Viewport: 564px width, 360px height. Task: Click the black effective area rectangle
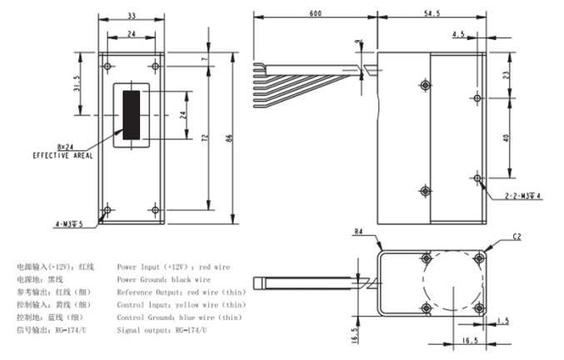[x=132, y=115]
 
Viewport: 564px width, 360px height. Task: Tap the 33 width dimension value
[x=132, y=16]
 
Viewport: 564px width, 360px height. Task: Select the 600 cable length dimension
[x=316, y=13]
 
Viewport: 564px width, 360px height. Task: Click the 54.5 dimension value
[x=432, y=13]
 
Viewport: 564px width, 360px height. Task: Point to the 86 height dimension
[x=230, y=137]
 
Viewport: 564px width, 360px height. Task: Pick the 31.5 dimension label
[x=77, y=83]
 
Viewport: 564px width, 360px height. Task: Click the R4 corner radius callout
[x=358, y=232]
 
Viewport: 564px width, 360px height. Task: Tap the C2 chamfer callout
[x=517, y=237]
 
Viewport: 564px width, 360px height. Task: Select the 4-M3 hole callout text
[x=69, y=224]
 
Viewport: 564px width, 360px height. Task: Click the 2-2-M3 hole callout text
[x=522, y=196]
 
